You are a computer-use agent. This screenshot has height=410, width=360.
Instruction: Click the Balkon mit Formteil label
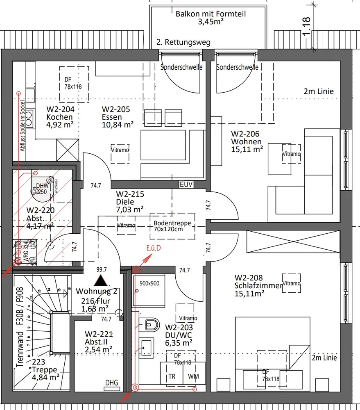coord(211,17)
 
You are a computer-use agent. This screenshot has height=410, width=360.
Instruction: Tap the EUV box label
coord(186,184)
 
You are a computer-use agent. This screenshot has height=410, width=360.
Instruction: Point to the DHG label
coord(111,383)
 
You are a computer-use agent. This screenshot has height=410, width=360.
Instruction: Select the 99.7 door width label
coord(101,269)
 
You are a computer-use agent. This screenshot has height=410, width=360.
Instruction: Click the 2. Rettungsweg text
coord(183,42)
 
